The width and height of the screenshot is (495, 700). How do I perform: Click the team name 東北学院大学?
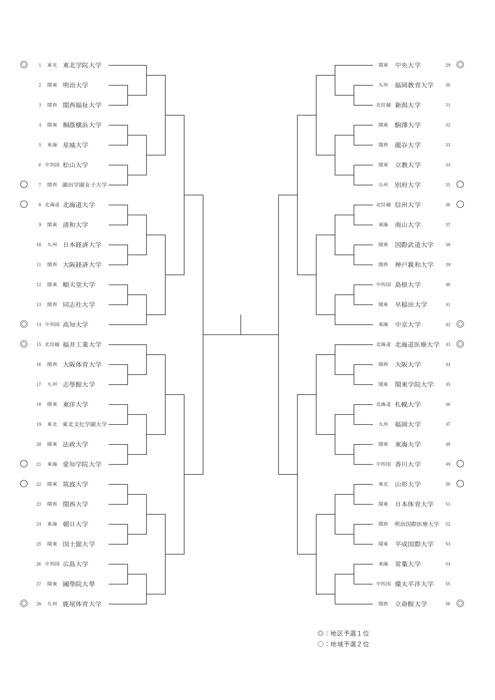[82, 65]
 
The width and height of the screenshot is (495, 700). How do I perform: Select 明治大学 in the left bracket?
[75, 85]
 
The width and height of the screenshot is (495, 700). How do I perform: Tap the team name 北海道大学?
[79, 205]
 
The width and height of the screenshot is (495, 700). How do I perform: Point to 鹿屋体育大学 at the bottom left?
[82, 604]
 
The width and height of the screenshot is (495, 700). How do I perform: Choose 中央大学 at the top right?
[408, 65]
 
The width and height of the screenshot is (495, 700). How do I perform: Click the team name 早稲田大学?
[411, 305]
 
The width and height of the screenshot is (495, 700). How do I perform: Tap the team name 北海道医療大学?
[417, 344]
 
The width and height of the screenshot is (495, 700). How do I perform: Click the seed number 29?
[448, 65]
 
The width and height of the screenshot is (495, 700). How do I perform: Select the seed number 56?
[448, 604]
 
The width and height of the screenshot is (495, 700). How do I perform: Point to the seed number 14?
[39, 324]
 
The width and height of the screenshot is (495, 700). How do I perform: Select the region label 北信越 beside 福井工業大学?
[52, 344]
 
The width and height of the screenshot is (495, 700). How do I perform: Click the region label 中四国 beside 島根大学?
[384, 285]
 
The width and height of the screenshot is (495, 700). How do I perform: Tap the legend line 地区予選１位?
[343, 633]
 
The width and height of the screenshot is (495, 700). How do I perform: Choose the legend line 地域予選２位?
[343, 644]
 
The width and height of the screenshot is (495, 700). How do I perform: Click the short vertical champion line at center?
[241, 324]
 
